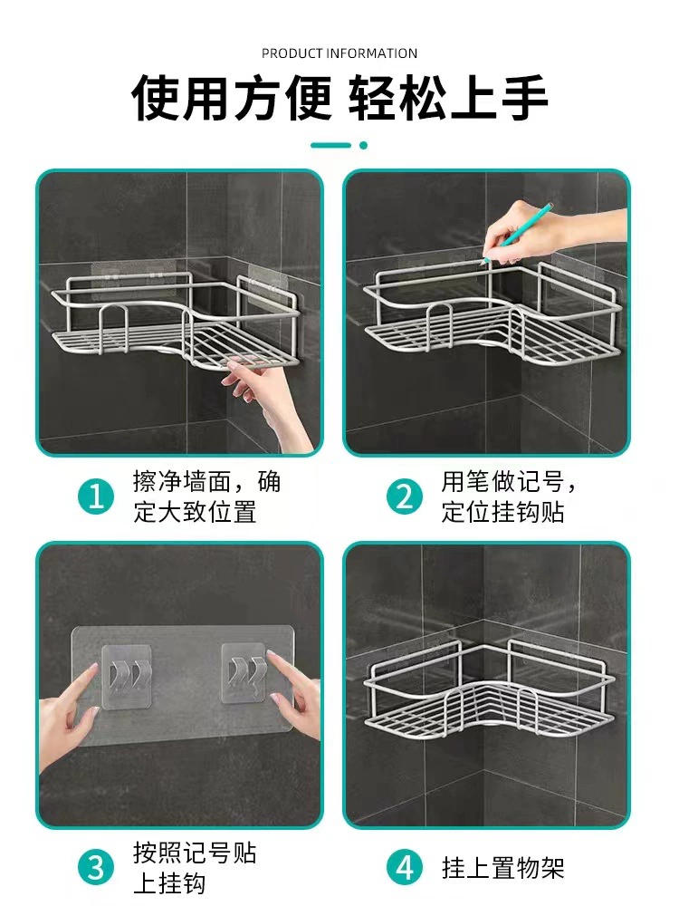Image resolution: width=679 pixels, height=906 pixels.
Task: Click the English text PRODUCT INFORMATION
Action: pyautogui.click(x=339, y=53)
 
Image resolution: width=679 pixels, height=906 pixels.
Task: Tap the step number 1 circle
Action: pyautogui.click(x=96, y=496)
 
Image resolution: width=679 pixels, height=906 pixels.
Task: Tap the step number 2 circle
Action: pyautogui.click(x=404, y=496)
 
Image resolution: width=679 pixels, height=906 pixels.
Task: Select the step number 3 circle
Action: pyautogui.click(x=96, y=868)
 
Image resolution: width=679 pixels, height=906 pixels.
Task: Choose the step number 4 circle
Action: pyautogui.click(x=404, y=868)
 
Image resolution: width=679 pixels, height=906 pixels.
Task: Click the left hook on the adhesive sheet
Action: pyautogui.click(x=127, y=676)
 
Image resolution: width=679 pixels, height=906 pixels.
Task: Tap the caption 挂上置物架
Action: pyautogui.click(x=502, y=868)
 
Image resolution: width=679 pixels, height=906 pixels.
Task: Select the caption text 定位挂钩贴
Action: pyautogui.click(x=502, y=512)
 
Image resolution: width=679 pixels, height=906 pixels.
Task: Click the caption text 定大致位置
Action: pyautogui.click(x=195, y=512)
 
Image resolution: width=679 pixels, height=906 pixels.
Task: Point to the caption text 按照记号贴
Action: pyautogui.click(x=195, y=853)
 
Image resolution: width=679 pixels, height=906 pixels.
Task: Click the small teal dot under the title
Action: pyautogui.click(x=363, y=145)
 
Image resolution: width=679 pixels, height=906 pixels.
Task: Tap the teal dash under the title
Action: pyautogui.click(x=330, y=145)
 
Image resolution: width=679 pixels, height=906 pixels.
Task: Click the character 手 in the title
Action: pyautogui.click(x=524, y=98)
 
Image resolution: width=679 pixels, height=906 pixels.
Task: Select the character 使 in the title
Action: pyautogui.click(x=155, y=98)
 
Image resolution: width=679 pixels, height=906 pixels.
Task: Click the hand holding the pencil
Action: pyautogui.click(x=554, y=234)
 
